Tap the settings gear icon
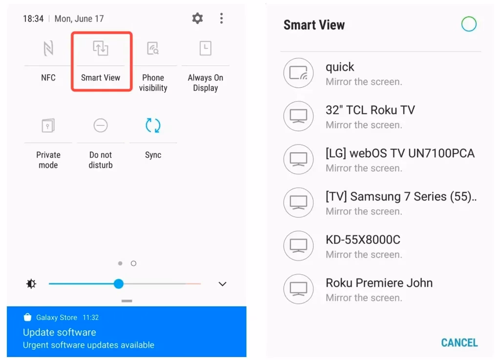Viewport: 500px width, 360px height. point(197,19)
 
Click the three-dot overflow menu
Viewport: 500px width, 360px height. point(221,19)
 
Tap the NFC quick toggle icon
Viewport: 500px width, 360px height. point(48,48)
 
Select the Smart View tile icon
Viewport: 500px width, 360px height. point(101,48)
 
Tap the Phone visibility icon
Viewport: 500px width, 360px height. point(153,48)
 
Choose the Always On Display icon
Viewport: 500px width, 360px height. point(206,48)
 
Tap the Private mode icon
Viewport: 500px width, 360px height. point(48,126)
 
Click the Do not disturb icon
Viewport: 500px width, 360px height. point(101,126)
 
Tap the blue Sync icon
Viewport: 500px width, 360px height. point(153,126)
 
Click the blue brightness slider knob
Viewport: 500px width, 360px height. point(119,284)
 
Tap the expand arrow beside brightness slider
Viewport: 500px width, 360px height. point(223,284)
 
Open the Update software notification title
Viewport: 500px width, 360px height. point(60,332)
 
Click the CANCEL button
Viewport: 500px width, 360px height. point(459,342)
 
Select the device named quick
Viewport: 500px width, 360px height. point(340,67)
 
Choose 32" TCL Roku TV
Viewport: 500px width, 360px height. point(370,110)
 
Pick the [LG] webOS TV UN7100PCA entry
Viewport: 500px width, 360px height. point(400,154)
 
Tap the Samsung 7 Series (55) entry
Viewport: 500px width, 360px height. point(401,197)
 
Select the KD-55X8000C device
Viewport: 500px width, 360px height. point(363,240)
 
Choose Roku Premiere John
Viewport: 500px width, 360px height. point(379,283)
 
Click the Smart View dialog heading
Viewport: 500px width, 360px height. point(314,25)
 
